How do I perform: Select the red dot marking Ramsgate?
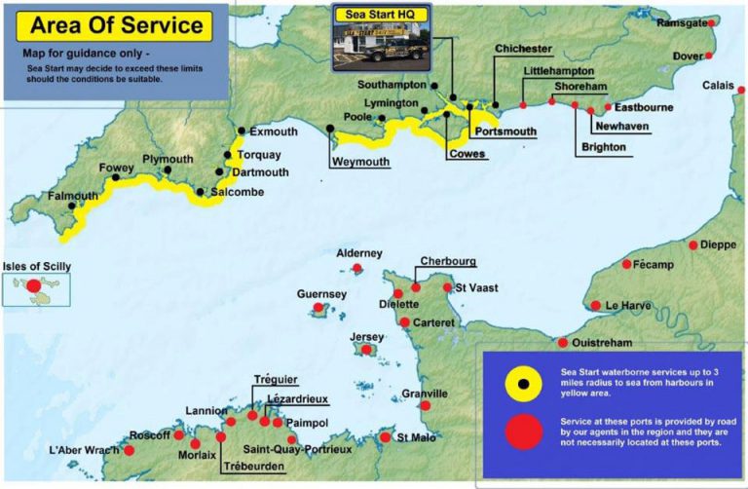pyautogui.click(x=713, y=22)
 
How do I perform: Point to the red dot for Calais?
pyautogui.click(x=741, y=88)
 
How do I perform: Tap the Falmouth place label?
pyautogui.click(x=74, y=196)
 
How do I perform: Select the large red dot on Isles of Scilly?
pyautogui.click(x=33, y=286)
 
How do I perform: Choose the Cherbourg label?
pyautogui.click(x=447, y=262)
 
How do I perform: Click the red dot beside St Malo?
pyautogui.click(x=386, y=437)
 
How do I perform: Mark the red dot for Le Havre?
pyautogui.click(x=596, y=306)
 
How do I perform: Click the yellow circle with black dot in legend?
pyautogui.click(x=523, y=384)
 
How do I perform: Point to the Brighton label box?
pyautogui.click(x=604, y=148)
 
